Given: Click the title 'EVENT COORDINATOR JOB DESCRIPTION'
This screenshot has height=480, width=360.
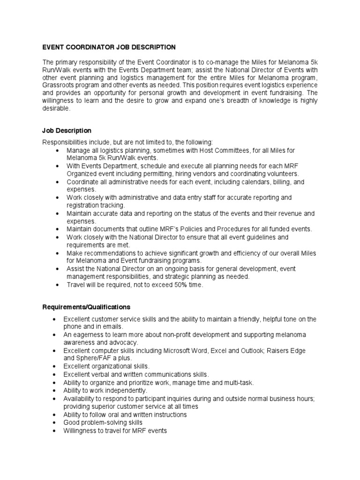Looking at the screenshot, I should (109, 47).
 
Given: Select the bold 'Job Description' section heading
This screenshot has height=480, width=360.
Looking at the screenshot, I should (67, 131).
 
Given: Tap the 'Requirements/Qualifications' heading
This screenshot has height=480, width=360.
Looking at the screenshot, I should (87, 307).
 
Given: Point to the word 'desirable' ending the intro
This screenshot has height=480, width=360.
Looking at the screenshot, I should (55, 109).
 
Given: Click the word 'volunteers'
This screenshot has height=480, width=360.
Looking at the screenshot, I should (278, 173).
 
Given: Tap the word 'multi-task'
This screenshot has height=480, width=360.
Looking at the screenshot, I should (237, 382).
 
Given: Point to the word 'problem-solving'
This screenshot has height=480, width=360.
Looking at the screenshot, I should (103, 422).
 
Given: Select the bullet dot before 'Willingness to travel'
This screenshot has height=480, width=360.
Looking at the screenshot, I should (54, 430).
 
